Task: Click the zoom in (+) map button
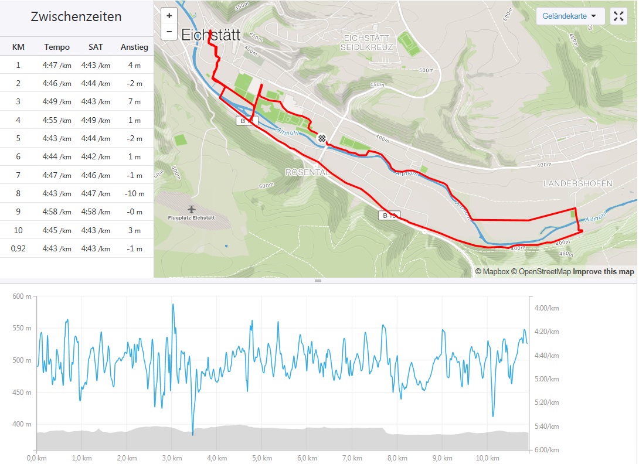click(x=169, y=16)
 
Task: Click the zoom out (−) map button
click(x=169, y=32)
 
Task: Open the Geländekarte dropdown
click(x=570, y=16)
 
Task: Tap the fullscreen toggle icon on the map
click(x=618, y=16)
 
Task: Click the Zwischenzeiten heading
click(x=76, y=16)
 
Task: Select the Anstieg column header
click(x=134, y=47)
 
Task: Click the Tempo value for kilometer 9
click(x=56, y=211)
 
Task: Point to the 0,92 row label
click(x=18, y=248)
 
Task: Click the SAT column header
click(x=96, y=47)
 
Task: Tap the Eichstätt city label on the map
click(x=210, y=35)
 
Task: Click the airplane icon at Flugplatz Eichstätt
click(x=191, y=209)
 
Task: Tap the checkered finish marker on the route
click(x=322, y=138)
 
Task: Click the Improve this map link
click(x=603, y=272)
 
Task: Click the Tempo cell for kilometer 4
click(x=56, y=120)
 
